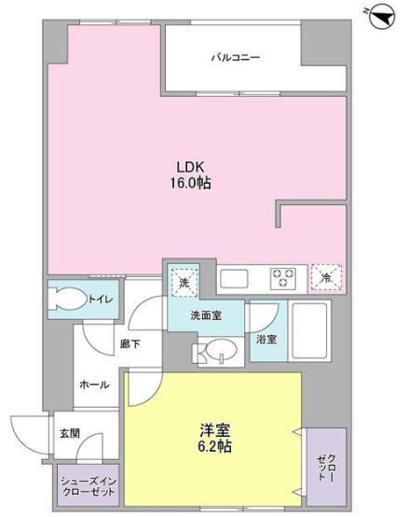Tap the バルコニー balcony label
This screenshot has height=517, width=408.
(235, 58)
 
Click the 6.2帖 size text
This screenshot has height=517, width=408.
(215, 447)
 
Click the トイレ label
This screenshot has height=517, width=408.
(100, 299)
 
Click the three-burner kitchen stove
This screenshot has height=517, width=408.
(281, 277)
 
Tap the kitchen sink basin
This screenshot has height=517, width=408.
(233, 277)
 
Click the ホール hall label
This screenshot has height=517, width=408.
(90, 384)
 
